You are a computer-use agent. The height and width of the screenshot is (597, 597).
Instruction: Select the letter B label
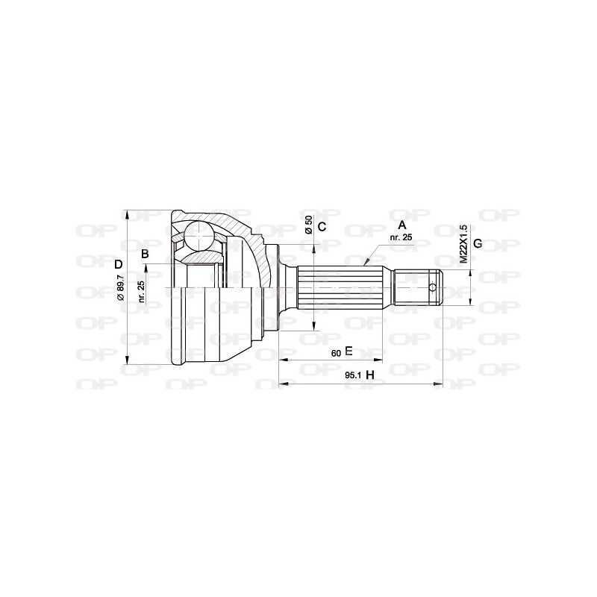pyautogui.click(x=146, y=254)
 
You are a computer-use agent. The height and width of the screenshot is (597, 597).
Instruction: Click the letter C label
pyautogui.click(x=322, y=227)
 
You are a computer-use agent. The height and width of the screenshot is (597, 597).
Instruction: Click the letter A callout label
pyautogui.click(x=402, y=225)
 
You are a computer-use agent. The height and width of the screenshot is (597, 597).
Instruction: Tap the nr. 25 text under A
pyautogui.click(x=401, y=237)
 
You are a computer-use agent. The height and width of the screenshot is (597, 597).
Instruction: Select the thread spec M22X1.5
pyautogui.click(x=463, y=244)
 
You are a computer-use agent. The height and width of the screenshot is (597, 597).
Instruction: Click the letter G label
pyautogui.click(x=478, y=244)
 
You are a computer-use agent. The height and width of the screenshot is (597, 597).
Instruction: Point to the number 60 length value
pyautogui.click(x=336, y=352)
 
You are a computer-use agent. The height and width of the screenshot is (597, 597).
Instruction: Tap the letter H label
pyautogui.click(x=369, y=375)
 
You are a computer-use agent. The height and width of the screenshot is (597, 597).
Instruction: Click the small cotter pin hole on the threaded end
pyautogui.click(x=433, y=287)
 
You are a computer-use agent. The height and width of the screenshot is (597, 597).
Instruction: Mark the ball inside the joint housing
pyautogui.click(x=199, y=236)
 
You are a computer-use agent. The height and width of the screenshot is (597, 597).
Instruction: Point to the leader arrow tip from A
pyautogui.click(x=366, y=264)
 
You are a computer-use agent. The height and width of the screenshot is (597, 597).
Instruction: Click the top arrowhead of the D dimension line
pyautogui.click(x=128, y=213)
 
